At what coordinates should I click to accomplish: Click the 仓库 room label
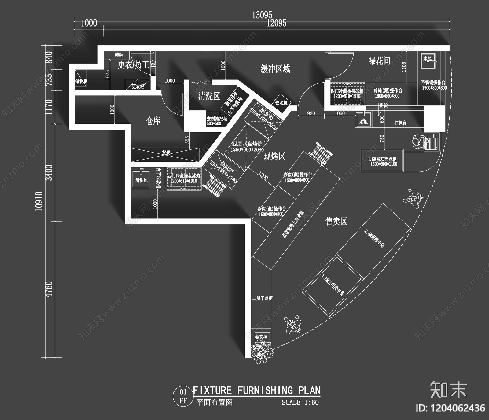pyautogui.click(x=153, y=121)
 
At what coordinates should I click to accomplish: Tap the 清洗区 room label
pyautogui.click(x=209, y=96)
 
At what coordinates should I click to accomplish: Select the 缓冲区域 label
pyautogui.click(x=275, y=69)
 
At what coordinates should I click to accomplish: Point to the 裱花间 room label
pyautogui.click(x=379, y=61)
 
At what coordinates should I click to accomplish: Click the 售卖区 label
pyautogui.click(x=336, y=221)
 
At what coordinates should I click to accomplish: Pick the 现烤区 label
pyautogui.click(x=274, y=157)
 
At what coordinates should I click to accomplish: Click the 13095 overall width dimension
pyautogui.click(x=262, y=15)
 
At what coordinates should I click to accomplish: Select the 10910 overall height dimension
pyautogui.click(x=39, y=201)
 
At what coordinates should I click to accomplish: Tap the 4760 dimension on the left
pyautogui.click(x=49, y=289)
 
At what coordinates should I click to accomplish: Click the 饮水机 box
pyautogui.click(x=281, y=103)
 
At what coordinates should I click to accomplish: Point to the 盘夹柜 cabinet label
pyautogui.click(x=261, y=337)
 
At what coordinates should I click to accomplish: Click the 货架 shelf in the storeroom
pyautogui.click(x=165, y=153)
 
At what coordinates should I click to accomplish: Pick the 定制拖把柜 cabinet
pyautogui.click(x=217, y=121)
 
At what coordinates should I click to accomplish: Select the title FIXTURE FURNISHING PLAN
pyautogui.click(x=256, y=390)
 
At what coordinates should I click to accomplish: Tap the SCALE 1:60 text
pyautogui.click(x=300, y=402)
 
